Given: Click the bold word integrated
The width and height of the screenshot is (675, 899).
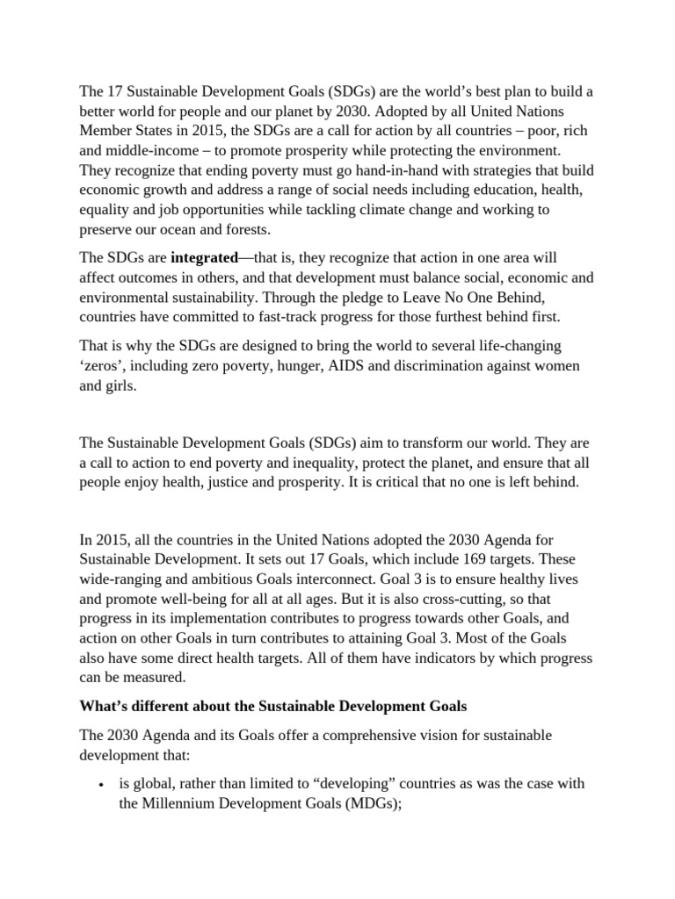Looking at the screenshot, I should point(204,258).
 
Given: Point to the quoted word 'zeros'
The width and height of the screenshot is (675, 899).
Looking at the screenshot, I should point(104,366).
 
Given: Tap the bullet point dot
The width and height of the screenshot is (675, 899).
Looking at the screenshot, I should point(104,784).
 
